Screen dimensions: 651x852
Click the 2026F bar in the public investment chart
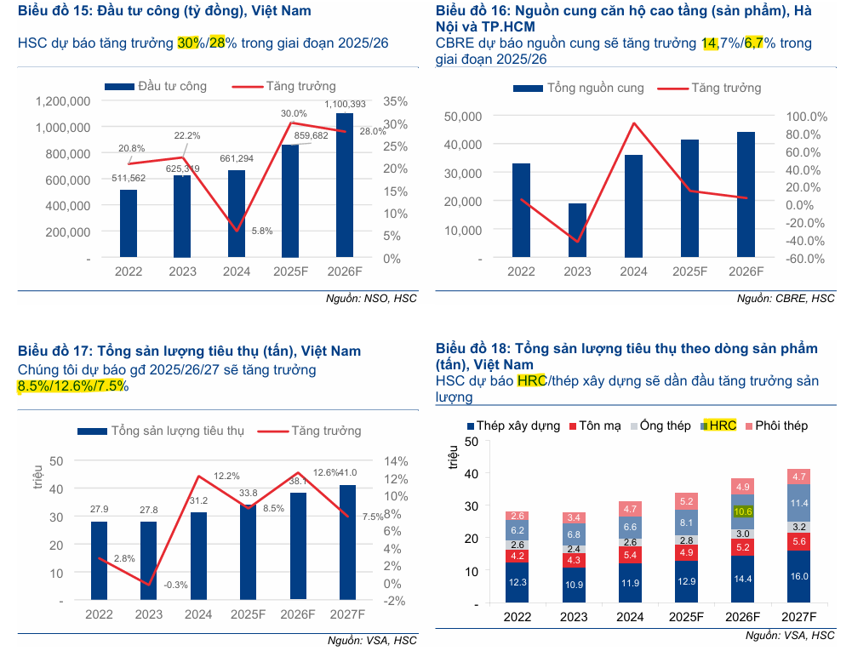click(345, 186)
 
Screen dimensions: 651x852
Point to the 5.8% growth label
click(262, 231)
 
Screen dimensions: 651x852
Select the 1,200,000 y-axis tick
click(63, 101)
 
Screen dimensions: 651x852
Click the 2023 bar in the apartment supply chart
click(577, 231)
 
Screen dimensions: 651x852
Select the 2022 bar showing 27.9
click(100, 561)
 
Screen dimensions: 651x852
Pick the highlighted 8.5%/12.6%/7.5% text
click(72, 386)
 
